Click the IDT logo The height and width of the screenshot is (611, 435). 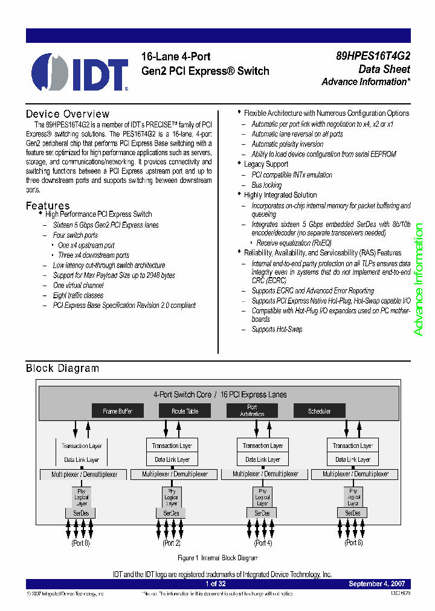[x=79, y=72]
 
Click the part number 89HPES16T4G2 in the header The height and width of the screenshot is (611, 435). [x=373, y=56]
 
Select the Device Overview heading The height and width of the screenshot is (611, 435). [x=68, y=114]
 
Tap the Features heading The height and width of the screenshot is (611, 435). [x=48, y=206]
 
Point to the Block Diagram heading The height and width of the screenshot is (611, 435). [x=62, y=368]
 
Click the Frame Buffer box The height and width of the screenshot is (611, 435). [x=117, y=411]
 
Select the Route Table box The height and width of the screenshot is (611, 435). [x=185, y=411]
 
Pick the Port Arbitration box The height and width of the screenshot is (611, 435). [x=252, y=411]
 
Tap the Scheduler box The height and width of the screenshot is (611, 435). [x=320, y=411]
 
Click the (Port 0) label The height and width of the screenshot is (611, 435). [x=80, y=543]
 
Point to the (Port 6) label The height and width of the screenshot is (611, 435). [x=353, y=543]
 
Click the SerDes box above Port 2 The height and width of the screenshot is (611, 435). [x=172, y=513]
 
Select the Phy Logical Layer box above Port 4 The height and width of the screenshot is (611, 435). [x=262, y=497]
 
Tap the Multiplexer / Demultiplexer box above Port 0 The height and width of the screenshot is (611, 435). [x=84, y=475]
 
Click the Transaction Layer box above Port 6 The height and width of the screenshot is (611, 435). [x=353, y=446]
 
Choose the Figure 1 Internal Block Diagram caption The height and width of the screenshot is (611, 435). [x=218, y=558]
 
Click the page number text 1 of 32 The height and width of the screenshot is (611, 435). [x=216, y=584]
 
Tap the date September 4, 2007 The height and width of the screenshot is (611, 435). [x=377, y=584]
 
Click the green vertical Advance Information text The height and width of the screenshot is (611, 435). [x=418, y=280]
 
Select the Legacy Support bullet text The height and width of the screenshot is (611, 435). [x=266, y=164]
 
